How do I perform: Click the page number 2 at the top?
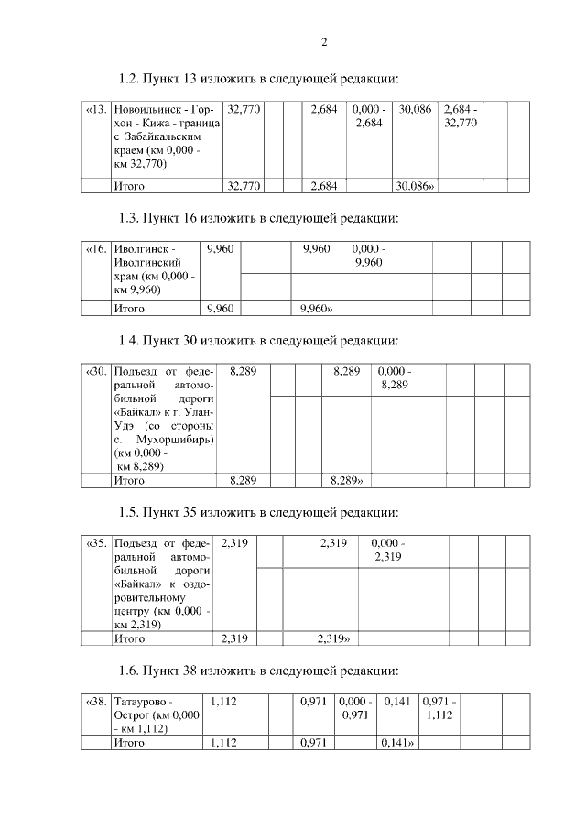pyautogui.click(x=324, y=42)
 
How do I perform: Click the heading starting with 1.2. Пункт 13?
pyautogui.click(x=260, y=79)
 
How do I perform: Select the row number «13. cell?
pyautogui.click(x=95, y=110)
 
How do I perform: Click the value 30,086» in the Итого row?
pyautogui.click(x=415, y=186)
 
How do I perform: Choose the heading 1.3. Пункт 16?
pyautogui.click(x=260, y=218)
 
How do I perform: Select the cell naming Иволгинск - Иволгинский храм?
pyautogui.click(x=152, y=269)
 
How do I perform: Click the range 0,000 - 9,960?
pyautogui.click(x=368, y=256)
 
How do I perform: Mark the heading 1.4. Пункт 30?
pyautogui.click(x=260, y=341)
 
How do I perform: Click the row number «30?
pyautogui.click(x=95, y=372)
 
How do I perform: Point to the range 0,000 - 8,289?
pyautogui.click(x=395, y=378)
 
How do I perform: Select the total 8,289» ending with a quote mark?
pyautogui.click(x=347, y=479)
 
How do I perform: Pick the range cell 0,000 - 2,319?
pyautogui.click(x=388, y=550)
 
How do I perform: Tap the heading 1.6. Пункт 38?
pyautogui.click(x=260, y=669)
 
